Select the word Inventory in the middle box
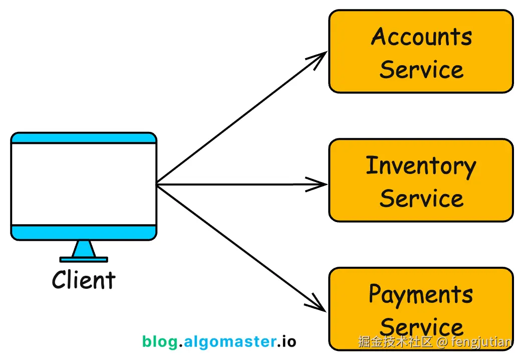click(x=421, y=166)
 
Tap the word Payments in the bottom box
click(x=421, y=295)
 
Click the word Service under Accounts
click(x=421, y=70)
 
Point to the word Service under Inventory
click(x=421, y=199)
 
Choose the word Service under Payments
click(x=421, y=327)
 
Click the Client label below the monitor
click(x=84, y=280)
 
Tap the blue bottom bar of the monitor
click(x=84, y=232)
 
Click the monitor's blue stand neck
click(x=84, y=249)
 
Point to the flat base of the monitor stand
click(x=84, y=259)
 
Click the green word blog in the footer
click(x=160, y=342)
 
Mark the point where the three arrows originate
click(x=157, y=185)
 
